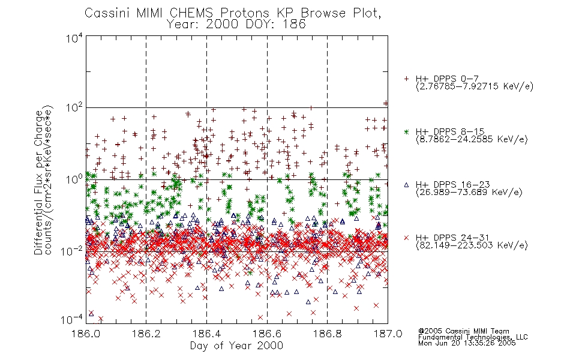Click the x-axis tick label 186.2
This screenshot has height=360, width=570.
[x=146, y=334]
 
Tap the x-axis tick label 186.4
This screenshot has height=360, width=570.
[x=206, y=334]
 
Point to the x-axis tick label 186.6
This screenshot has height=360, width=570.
[x=267, y=334]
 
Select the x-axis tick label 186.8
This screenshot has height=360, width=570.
[x=327, y=334]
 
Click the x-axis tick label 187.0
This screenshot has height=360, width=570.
[x=388, y=334]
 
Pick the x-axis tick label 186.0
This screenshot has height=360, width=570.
[x=86, y=334]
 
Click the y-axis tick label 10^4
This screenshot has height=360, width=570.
[x=74, y=38]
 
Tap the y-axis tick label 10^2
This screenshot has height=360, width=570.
[x=74, y=108]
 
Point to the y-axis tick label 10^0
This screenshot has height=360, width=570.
[x=74, y=179]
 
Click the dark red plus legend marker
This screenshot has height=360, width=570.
[x=407, y=79]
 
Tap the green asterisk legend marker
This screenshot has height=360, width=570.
[x=407, y=131]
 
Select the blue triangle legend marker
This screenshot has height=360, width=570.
[x=407, y=185]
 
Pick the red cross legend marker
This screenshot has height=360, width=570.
[x=407, y=238]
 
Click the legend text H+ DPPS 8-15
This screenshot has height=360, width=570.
[x=450, y=131]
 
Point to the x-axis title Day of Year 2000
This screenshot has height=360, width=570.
[x=236, y=346]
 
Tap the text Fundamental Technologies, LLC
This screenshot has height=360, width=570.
[x=473, y=337]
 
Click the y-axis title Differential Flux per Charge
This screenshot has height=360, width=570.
[x=38, y=182]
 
